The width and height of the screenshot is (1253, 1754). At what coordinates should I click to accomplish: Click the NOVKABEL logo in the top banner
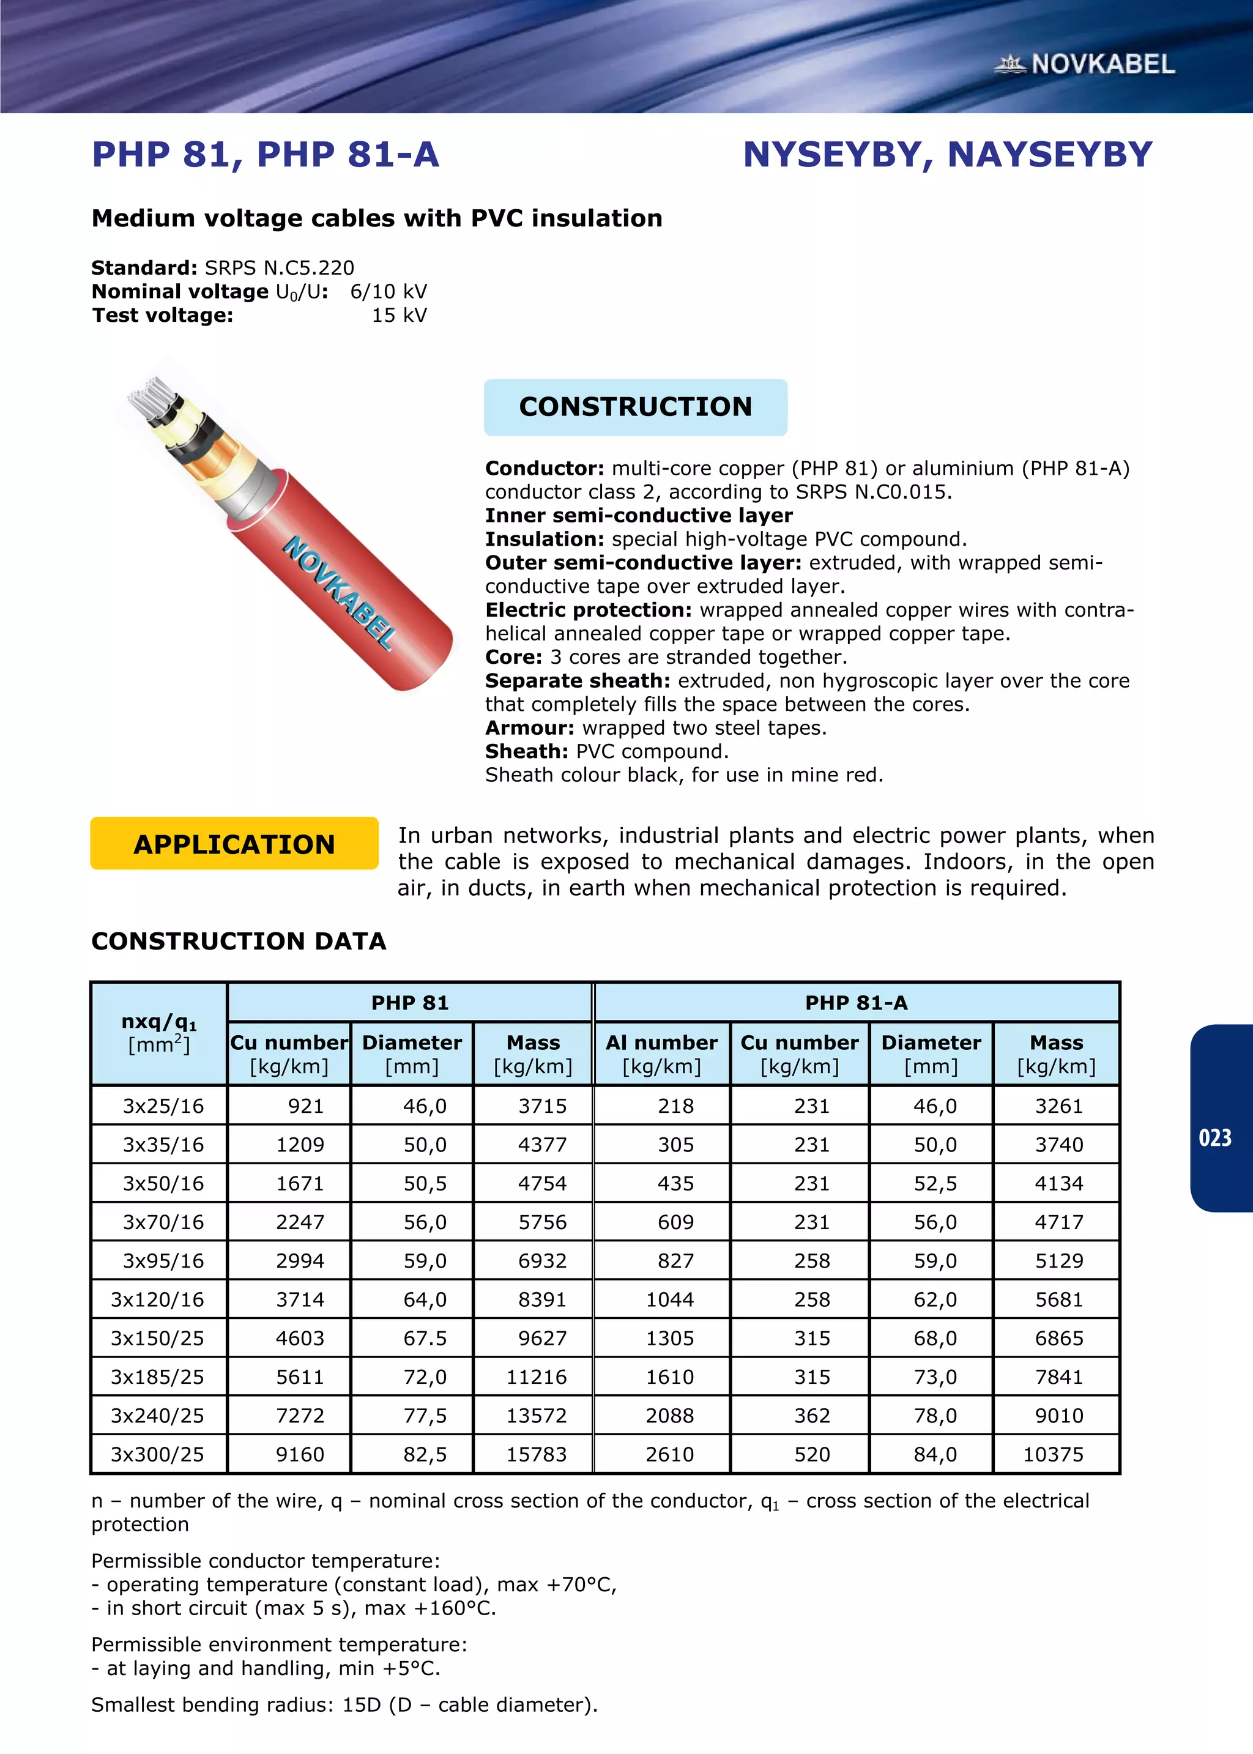pos(1085,64)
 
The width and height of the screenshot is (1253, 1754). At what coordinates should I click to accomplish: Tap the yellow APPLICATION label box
pos(234,844)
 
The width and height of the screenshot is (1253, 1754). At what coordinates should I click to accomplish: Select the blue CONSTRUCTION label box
pos(635,406)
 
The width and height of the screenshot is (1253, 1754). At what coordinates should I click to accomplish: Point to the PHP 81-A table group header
pos(856,1003)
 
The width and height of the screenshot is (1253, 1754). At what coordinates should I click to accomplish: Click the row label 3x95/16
pos(163,1260)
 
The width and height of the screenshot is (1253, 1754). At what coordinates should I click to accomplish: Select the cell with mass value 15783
pos(536,1454)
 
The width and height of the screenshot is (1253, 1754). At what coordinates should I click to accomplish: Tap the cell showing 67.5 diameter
pos(425,1338)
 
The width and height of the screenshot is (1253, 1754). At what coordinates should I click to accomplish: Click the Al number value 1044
pos(670,1299)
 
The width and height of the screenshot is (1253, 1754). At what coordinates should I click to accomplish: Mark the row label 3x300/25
pos(157,1454)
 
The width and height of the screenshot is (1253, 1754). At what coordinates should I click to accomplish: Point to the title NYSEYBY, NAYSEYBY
pos(948,154)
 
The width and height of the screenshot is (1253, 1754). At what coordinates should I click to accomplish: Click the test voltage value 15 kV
pos(399,316)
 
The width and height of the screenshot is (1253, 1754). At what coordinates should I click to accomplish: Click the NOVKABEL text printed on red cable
pos(340,591)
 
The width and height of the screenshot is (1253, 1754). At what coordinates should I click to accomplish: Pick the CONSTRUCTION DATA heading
pos(239,941)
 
